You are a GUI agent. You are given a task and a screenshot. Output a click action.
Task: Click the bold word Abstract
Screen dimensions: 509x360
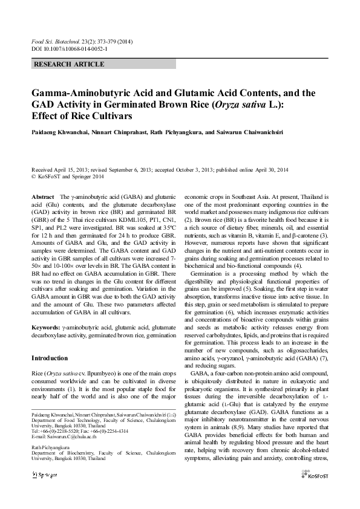coord(42,197)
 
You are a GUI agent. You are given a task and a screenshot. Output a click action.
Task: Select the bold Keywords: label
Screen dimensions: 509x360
coord(47,326)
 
